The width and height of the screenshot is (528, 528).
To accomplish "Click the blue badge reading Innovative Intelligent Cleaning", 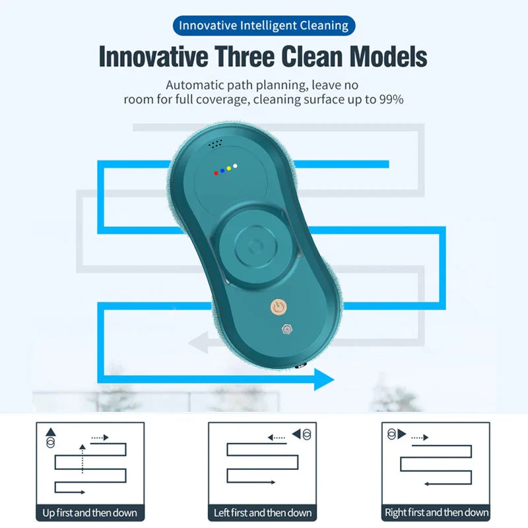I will click(x=264, y=26).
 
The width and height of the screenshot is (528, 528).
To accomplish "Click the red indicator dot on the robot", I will click(x=216, y=173).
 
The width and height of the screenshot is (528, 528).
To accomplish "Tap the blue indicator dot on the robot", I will click(x=222, y=171).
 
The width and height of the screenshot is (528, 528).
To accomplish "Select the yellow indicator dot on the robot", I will click(x=229, y=168).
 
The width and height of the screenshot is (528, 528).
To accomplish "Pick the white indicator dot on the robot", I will click(x=236, y=166).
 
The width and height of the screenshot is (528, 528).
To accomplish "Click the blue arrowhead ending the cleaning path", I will click(x=323, y=379).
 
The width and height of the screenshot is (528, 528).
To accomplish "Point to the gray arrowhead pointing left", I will click(x=197, y=343).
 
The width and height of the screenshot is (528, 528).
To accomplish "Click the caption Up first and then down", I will click(x=90, y=513).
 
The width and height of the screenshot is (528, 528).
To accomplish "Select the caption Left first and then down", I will click(x=263, y=513).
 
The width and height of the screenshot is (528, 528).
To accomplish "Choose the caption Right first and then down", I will click(x=437, y=513).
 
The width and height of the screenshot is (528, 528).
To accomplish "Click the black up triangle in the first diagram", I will click(x=51, y=432).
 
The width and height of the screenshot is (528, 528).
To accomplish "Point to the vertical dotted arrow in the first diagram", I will click(x=82, y=459).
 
